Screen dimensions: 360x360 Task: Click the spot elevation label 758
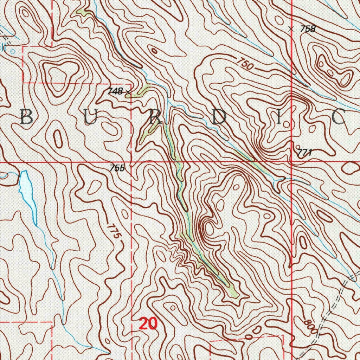coord(308,29)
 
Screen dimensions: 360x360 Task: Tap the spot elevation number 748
coord(115,92)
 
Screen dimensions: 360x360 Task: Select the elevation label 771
coord(304,153)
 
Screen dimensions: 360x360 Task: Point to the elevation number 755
coord(117,168)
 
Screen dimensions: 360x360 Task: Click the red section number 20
coord(148,323)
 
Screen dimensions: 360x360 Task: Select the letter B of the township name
coord(27,117)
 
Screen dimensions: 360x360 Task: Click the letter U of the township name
coord(90,117)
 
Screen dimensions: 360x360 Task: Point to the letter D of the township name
coord(219,118)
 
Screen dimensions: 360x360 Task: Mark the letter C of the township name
coord(339,118)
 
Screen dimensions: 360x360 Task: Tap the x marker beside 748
coord(128,92)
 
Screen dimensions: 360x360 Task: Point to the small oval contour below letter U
coord(58,139)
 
